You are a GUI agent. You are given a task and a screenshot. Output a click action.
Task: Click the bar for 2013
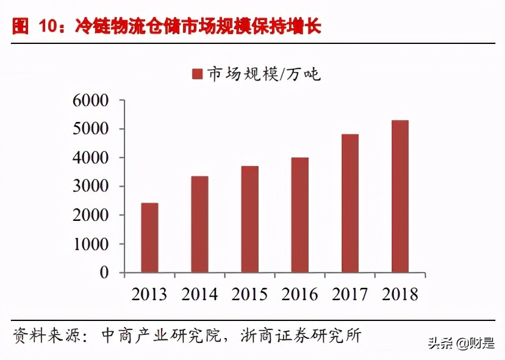pos(149,238)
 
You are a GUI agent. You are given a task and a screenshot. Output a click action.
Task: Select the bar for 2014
pos(199,225)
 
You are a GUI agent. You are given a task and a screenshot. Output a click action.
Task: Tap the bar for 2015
pos(249,219)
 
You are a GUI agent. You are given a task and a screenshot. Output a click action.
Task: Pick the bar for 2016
pos(299,215)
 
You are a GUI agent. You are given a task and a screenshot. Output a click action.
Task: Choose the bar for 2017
pos(350,203)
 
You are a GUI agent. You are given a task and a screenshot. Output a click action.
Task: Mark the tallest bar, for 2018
pos(400,196)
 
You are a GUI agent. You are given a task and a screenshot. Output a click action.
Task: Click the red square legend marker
pos(197,74)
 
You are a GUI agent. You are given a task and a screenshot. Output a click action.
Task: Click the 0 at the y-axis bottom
pos(104,273)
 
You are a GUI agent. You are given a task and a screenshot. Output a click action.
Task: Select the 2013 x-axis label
pos(149,294)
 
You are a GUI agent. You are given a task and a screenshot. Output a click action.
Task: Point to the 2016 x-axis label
pos(299,294)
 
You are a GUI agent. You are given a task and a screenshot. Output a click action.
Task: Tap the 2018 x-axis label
pos(400,294)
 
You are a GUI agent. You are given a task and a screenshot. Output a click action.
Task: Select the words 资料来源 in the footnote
pos(37,335)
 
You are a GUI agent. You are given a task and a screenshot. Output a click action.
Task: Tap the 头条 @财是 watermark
pos(462,344)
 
